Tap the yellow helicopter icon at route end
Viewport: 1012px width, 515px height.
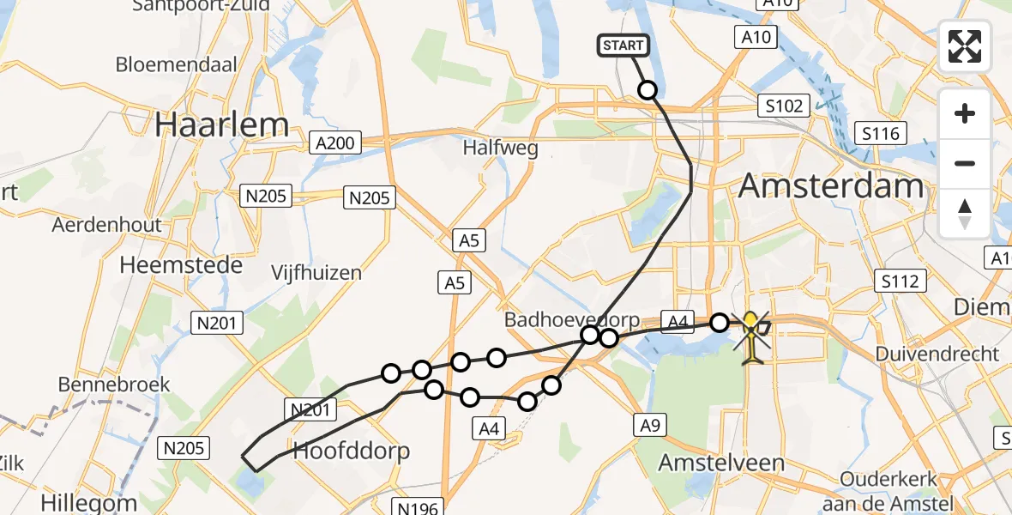coord(751,337)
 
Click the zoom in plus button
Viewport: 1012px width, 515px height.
coord(965,113)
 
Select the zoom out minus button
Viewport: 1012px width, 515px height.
coord(965,163)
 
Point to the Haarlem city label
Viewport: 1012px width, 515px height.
coord(210,125)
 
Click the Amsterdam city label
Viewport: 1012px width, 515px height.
coord(831,185)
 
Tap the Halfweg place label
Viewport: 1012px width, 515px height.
coord(501,148)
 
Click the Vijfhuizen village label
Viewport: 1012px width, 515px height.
coord(316,273)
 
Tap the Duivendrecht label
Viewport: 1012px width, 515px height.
coord(937,354)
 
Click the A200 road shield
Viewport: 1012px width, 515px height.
coord(336,143)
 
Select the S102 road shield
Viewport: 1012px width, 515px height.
coord(784,106)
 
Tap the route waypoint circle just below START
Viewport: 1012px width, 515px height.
coord(648,90)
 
